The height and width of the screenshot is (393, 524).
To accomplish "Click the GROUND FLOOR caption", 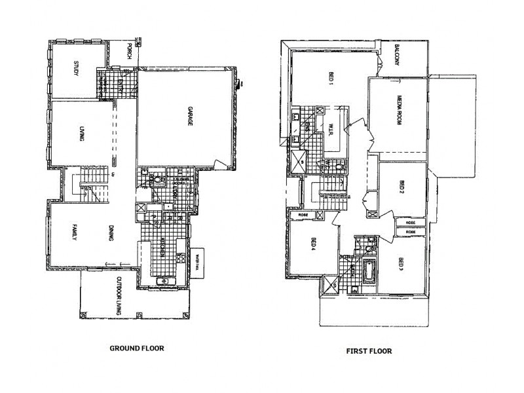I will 136,348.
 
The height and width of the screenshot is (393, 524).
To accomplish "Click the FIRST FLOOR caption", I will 369,351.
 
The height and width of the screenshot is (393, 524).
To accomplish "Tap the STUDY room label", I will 76,69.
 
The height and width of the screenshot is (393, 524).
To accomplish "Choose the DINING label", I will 111,233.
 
